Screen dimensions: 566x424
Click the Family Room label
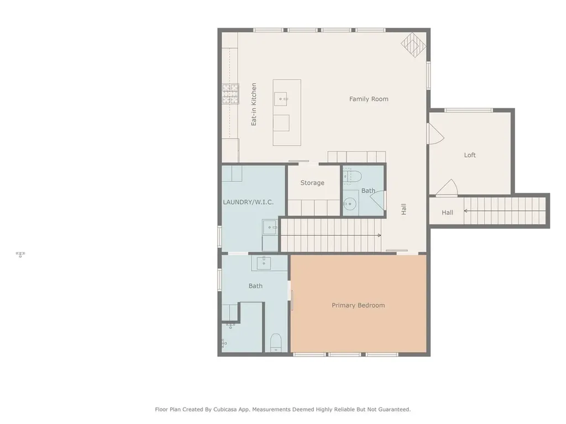(x=369, y=99)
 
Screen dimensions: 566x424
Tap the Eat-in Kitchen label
(x=254, y=104)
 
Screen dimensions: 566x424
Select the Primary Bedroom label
(x=358, y=305)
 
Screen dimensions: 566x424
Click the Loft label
(x=470, y=155)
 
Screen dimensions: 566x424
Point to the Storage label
(x=312, y=183)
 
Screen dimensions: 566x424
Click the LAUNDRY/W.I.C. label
(x=248, y=202)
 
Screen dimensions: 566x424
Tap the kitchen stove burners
(x=230, y=94)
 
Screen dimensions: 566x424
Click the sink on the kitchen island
(x=281, y=99)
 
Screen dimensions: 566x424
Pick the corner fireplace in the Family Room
(x=413, y=45)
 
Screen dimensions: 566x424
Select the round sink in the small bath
(x=349, y=204)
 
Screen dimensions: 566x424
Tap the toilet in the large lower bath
(x=276, y=343)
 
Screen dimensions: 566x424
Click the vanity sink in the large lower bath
(x=264, y=263)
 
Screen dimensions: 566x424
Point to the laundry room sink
(x=270, y=227)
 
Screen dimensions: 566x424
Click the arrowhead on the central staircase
(x=379, y=235)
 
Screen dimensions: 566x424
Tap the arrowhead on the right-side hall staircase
(x=465, y=211)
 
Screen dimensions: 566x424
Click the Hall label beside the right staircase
(x=447, y=213)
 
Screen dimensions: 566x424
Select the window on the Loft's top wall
(x=469, y=110)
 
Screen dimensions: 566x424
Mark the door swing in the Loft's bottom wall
(x=447, y=188)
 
